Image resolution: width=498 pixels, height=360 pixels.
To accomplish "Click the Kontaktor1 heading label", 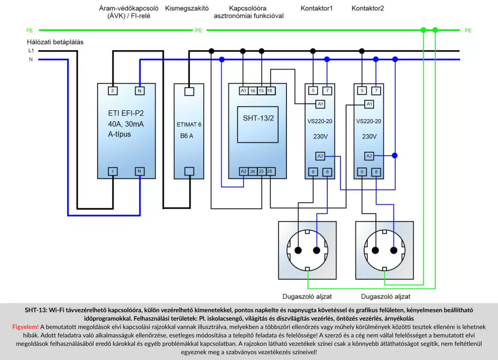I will (x=317, y=8).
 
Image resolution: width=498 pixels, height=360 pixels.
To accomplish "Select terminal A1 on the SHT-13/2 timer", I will (x=243, y=91).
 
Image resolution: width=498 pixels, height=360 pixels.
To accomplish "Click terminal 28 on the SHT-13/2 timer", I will (x=270, y=171).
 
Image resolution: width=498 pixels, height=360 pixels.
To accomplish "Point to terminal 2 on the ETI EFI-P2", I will (x=112, y=91).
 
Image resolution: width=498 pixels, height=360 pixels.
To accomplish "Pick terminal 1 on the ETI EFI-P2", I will (x=112, y=171).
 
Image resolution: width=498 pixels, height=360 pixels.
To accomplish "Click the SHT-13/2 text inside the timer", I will (x=257, y=119).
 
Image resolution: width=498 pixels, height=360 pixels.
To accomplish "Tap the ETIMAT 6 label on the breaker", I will (x=189, y=125).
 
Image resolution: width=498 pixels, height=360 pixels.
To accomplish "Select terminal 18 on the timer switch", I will (x=270, y=91).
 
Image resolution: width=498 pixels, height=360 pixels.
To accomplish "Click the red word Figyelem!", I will (x=25, y=326).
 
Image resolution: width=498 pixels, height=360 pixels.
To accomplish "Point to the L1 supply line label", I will (x=31, y=51).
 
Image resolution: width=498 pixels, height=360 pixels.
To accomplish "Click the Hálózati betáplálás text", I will (x=55, y=42).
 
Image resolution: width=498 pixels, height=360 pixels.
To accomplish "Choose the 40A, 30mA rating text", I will (x=126, y=124).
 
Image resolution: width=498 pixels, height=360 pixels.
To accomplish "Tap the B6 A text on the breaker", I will (x=185, y=136).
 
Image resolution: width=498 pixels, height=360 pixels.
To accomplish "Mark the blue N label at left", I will (x=31, y=60).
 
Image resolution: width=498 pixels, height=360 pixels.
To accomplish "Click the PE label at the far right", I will (x=468, y=31).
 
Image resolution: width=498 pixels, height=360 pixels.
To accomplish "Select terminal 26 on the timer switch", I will (x=252, y=171).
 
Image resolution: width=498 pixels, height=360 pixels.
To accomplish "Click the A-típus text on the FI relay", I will (x=120, y=134).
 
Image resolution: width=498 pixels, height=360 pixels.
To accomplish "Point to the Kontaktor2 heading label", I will (x=368, y=8).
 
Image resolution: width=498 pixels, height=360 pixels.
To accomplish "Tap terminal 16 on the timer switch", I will (x=252, y=91).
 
